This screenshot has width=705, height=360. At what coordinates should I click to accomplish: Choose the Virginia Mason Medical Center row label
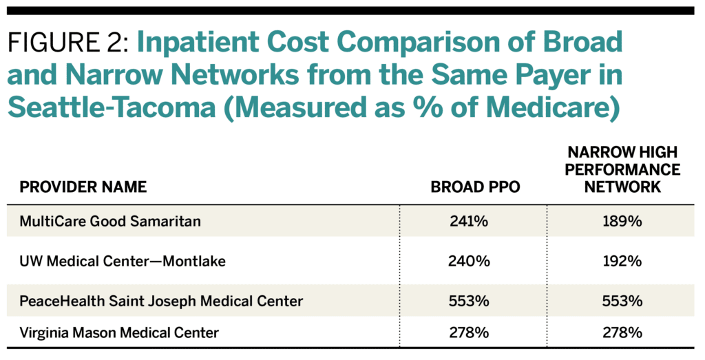click(x=119, y=333)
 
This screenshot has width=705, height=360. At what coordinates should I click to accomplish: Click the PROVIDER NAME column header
click(x=83, y=187)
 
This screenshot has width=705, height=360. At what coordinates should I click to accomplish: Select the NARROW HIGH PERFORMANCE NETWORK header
click(x=625, y=169)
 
